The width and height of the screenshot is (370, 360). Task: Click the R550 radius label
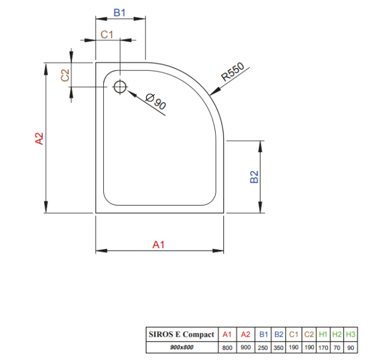232,72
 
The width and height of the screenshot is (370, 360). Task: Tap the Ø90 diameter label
156,102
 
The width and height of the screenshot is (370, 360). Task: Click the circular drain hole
120,87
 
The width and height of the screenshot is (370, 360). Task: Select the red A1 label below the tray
158,245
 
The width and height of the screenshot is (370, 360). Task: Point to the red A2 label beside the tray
39,138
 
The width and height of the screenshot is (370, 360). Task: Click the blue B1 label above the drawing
120,13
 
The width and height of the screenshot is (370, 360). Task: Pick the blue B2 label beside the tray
254,177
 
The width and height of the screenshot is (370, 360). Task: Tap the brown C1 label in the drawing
107,35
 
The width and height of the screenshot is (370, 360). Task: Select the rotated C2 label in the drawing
65,75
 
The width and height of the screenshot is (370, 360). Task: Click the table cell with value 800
227,348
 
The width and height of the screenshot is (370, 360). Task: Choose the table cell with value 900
246,347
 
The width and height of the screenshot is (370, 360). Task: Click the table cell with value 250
263,348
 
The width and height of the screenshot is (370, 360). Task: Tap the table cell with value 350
279,348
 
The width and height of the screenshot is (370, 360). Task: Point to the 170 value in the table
323,348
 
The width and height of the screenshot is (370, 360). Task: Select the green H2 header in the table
337,334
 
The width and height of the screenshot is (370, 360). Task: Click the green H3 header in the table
351,334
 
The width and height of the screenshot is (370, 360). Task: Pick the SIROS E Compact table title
181,334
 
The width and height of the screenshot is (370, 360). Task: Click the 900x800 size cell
181,347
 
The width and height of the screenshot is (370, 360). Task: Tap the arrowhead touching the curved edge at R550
214,91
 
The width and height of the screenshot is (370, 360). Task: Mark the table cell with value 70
337,348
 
